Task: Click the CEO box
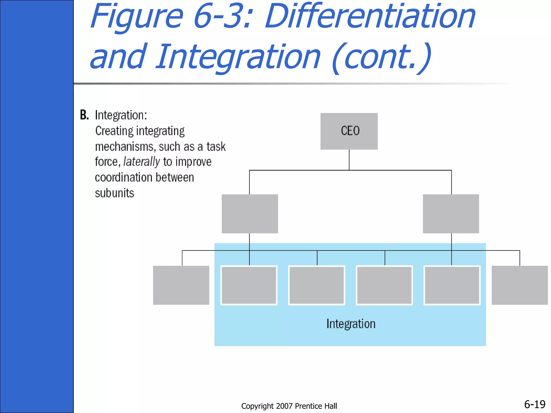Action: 349,131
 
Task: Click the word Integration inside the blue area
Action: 351,324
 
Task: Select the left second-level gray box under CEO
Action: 250,214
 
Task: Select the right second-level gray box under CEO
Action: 451,214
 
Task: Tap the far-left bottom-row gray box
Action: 181,285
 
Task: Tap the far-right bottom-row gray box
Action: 520,285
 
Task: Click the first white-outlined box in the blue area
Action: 249,285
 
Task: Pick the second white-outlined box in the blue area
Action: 317,285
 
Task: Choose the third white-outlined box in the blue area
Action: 384,285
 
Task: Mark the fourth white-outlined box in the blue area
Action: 452,285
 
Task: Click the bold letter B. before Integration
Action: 84,115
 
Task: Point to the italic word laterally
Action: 142,162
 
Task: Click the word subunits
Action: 115,193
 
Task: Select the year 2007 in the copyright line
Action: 284,406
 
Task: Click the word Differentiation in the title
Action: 370,17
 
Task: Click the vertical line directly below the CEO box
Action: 349,160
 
